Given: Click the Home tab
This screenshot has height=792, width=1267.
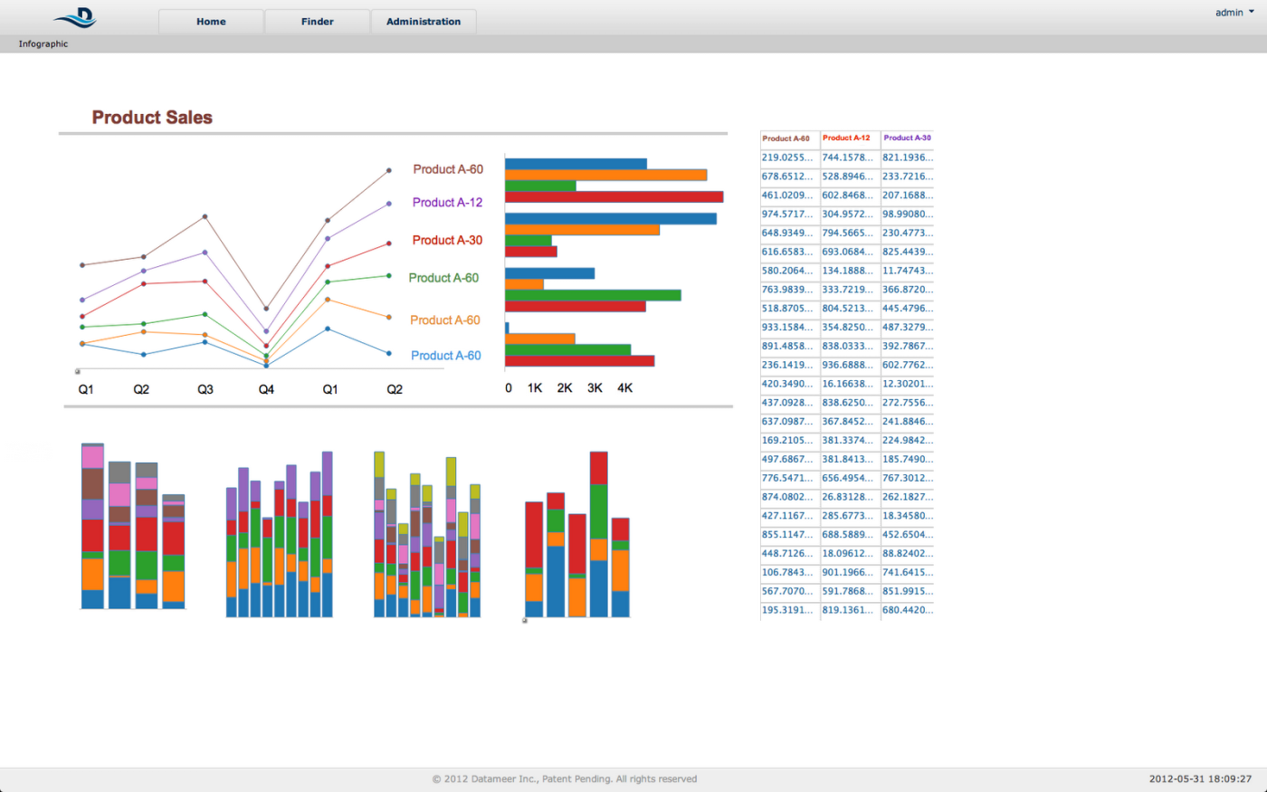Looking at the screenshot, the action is (211, 22).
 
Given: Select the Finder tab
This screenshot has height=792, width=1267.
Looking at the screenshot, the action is (318, 22).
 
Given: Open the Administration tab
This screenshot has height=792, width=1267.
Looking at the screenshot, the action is (424, 22).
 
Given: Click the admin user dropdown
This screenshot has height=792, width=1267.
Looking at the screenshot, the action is (1234, 13).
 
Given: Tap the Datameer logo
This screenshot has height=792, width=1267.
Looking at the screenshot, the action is (76, 17).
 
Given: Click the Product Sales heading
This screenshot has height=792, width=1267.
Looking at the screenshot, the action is (152, 117).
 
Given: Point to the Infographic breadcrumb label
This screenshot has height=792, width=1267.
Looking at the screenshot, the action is (43, 43).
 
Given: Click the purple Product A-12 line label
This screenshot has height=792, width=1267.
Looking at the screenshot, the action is (447, 203).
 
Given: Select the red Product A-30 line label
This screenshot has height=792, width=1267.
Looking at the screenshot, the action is (447, 240).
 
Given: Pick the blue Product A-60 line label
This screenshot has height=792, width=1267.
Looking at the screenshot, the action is (445, 355).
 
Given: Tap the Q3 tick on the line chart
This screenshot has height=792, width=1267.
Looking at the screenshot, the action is (205, 389).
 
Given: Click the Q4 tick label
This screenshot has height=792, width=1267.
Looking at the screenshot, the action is (266, 389).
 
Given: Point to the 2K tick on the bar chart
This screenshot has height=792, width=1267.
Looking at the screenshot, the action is (565, 388).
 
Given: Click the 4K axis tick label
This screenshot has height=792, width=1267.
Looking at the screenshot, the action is (625, 388).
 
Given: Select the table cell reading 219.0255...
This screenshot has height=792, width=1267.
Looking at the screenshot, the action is (786, 157).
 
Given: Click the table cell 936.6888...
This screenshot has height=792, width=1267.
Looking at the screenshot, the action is (847, 365).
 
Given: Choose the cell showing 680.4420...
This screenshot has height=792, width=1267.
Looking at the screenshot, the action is (908, 610).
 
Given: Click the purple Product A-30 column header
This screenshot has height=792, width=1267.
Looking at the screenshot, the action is (907, 138).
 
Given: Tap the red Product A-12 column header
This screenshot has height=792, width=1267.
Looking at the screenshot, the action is (846, 138).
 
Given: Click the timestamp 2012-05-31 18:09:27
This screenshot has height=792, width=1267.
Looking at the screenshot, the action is (1200, 779).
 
